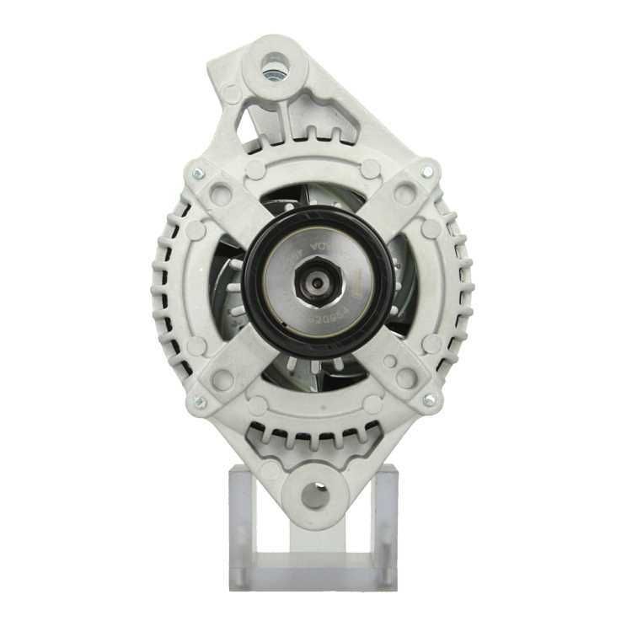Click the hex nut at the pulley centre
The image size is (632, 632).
[316, 282]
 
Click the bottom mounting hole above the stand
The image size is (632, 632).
[315, 495]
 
